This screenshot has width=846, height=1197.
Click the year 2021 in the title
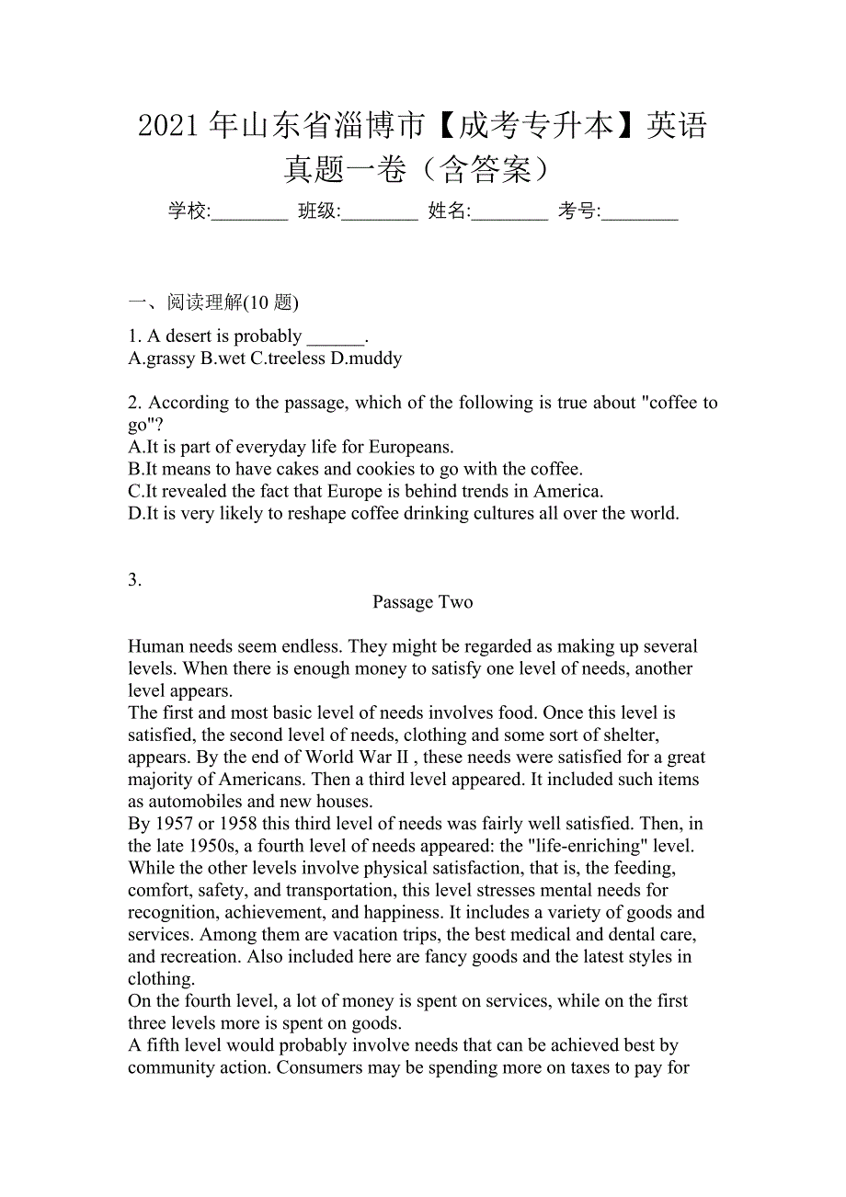(x=170, y=125)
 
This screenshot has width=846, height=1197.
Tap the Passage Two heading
(x=422, y=602)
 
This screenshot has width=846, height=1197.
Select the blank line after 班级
(x=380, y=213)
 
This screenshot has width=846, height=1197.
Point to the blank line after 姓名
(x=509, y=213)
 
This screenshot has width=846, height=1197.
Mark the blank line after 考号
(x=640, y=213)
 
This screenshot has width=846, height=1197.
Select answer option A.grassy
(x=162, y=359)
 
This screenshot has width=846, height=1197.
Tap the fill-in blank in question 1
(x=336, y=337)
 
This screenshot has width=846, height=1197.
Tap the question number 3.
(x=134, y=579)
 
